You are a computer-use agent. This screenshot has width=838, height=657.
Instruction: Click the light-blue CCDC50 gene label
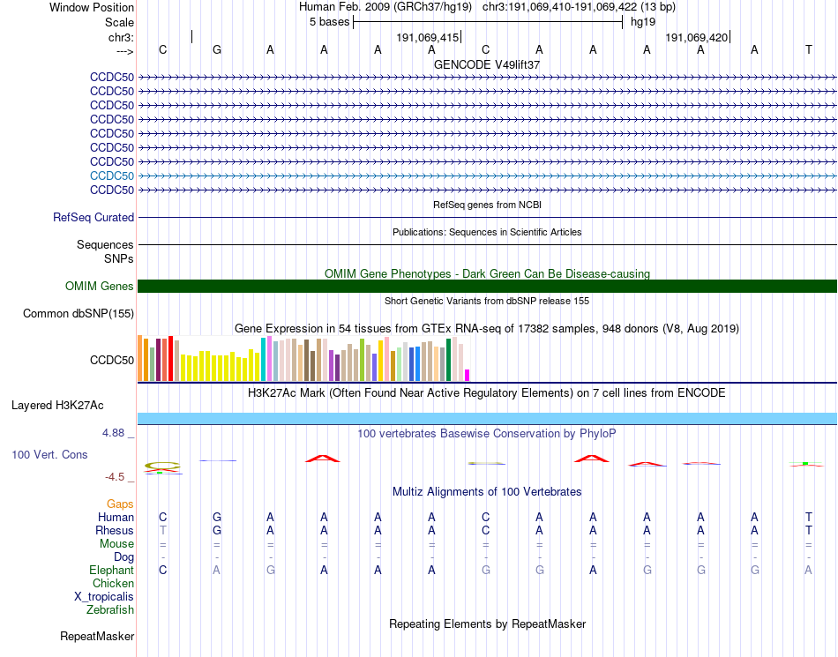(x=112, y=175)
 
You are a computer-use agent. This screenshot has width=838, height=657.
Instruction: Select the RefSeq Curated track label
(x=94, y=217)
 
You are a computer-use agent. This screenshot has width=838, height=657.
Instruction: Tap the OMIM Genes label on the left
(x=100, y=286)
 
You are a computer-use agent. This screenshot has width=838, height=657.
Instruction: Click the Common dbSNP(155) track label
(x=79, y=313)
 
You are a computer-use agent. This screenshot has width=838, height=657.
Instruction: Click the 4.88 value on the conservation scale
(x=114, y=433)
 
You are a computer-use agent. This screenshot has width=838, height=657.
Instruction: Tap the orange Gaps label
(x=120, y=504)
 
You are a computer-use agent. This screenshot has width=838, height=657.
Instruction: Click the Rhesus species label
(x=115, y=531)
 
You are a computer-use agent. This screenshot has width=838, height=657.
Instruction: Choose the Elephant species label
(x=111, y=571)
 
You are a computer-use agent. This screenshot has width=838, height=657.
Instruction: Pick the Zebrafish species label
(x=110, y=609)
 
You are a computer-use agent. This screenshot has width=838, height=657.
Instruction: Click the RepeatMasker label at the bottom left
(x=97, y=636)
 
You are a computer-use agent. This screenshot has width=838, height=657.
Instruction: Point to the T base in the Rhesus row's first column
(x=162, y=531)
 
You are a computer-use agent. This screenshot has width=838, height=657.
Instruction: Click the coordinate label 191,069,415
(x=428, y=38)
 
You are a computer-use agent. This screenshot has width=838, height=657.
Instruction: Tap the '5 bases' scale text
(x=329, y=21)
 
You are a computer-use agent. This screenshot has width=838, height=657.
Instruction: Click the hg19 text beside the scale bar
(x=643, y=21)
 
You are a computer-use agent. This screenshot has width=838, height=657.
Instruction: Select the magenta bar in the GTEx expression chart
(x=468, y=375)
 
